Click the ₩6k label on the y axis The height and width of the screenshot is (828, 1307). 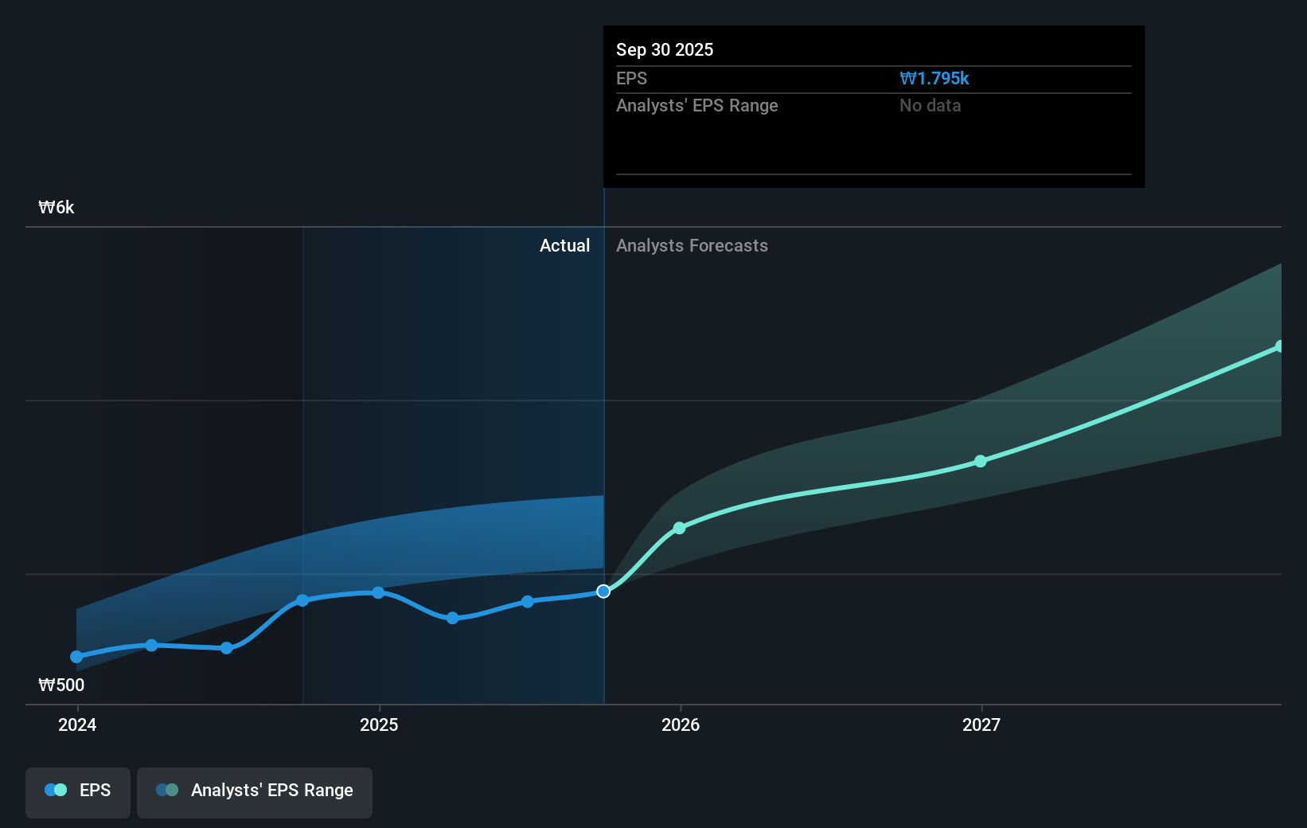[x=57, y=208]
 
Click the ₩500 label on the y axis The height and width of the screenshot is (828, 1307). [x=61, y=685]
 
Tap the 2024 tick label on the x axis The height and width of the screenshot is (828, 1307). [x=77, y=724]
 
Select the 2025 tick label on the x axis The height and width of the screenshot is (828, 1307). [x=379, y=724]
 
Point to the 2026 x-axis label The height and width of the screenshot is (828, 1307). [x=681, y=724]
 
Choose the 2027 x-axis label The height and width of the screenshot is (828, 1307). [x=981, y=724]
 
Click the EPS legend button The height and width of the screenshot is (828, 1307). [x=78, y=791]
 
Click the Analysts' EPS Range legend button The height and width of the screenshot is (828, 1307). [x=255, y=791]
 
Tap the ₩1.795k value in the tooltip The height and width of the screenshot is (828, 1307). [x=934, y=78]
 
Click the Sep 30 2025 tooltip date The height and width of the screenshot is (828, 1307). [x=665, y=49]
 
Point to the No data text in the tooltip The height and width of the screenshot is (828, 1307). [x=930, y=105]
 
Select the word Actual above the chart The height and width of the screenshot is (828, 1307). [x=564, y=245]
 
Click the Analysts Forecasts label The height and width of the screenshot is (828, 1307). [x=692, y=245]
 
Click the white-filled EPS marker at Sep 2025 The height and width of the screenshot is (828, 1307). [x=603, y=591]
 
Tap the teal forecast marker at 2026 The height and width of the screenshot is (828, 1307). [x=679, y=528]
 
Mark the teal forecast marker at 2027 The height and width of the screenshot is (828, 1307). [x=981, y=461]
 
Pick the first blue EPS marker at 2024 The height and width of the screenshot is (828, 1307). [x=76, y=657]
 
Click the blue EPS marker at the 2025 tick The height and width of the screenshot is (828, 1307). [x=378, y=592]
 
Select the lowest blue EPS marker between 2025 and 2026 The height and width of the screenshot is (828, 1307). [x=452, y=618]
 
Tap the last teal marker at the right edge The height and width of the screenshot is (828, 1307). [x=1280, y=346]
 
